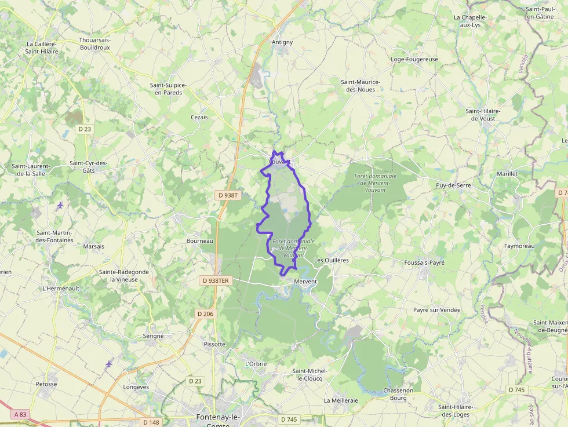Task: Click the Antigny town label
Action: tap(282, 42)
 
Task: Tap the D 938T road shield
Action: tap(227, 195)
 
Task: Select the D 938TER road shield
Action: tap(216, 280)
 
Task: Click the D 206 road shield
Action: tap(205, 314)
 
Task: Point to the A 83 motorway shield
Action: tap(20, 414)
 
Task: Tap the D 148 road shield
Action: tap(150, 422)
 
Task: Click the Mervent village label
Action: tap(305, 282)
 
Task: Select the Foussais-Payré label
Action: tap(424, 262)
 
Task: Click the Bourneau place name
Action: tap(200, 241)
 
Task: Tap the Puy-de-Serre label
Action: tap(453, 185)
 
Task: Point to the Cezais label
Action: tap(199, 117)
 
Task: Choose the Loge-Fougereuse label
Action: tap(414, 59)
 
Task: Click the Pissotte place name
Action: tap(214, 344)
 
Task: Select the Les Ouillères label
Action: tap(331, 261)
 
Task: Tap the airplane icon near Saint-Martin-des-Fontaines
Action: tap(60, 205)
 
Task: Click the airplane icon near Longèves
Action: tap(109, 363)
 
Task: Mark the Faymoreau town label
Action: tap(519, 246)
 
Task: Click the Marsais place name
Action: tap(93, 246)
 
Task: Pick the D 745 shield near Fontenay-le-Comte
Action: tap(289, 419)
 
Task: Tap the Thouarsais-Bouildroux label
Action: tap(94, 44)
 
